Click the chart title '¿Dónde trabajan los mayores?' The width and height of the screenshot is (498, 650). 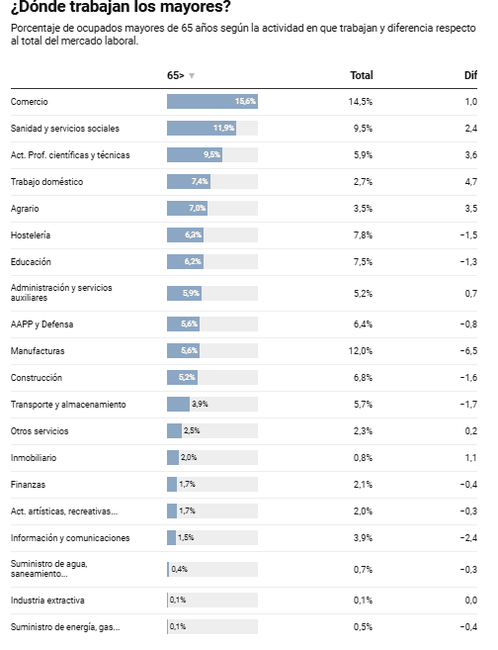(x=121, y=6)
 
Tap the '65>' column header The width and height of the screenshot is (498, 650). (x=176, y=75)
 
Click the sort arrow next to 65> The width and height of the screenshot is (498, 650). (x=192, y=76)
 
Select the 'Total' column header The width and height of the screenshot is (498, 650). (x=362, y=75)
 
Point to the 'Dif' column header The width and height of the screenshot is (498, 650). (x=470, y=75)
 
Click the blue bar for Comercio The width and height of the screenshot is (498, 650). (x=212, y=102)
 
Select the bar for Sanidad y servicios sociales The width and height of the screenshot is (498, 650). (x=202, y=128)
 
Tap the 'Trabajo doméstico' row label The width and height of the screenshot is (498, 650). (x=46, y=182)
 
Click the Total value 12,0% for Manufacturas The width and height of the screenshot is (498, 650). (x=360, y=350)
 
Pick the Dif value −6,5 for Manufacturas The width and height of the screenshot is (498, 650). (x=468, y=350)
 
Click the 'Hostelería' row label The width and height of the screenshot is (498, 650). (x=31, y=235)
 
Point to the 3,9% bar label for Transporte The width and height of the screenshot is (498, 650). (x=200, y=405)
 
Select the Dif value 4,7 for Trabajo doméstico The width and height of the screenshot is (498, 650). (x=471, y=182)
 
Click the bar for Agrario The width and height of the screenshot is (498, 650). (x=188, y=208)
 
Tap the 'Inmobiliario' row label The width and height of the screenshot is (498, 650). (x=34, y=458)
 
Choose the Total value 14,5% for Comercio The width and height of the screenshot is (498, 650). (x=360, y=102)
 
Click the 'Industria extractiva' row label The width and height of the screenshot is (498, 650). (x=47, y=601)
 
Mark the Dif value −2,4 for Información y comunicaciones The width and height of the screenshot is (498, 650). (x=468, y=537)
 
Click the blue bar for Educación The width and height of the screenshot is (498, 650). (x=186, y=261)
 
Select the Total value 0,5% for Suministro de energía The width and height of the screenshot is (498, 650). (x=363, y=627)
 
